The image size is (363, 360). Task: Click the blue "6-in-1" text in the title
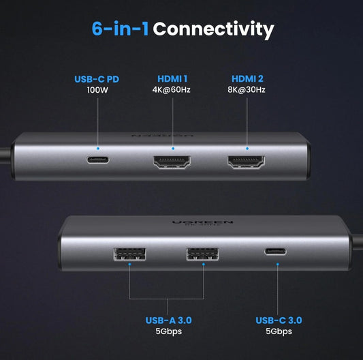click(120, 29)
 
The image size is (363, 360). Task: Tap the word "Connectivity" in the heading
click(213, 29)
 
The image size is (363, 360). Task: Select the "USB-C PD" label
click(97, 79)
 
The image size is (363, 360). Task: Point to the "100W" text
click(97, 90)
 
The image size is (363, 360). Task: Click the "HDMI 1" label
click(172, 79)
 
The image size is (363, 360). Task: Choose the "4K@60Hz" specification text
click(172, 90)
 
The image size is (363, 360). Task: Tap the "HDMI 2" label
click(247, 79)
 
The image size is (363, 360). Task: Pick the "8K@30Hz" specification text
click(247, 90)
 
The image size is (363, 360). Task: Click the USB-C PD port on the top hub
click(97, 160)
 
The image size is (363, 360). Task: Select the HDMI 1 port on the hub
click(172, 162)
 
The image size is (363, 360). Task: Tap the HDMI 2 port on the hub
click(246, 162)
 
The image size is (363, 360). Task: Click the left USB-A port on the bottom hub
click(129, 254)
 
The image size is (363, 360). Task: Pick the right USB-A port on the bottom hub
click(202, 254)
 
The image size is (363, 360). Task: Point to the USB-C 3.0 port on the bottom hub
click(276, 252)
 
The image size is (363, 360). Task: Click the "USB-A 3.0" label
click(168, 320)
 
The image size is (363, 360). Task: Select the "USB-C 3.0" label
click(279, 320)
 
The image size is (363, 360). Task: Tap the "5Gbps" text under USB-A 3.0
click(168, 331)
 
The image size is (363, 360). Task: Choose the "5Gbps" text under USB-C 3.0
click(279, 331)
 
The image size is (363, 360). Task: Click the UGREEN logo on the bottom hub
click(202, 222)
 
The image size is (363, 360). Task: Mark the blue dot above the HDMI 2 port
click(247, 149)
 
